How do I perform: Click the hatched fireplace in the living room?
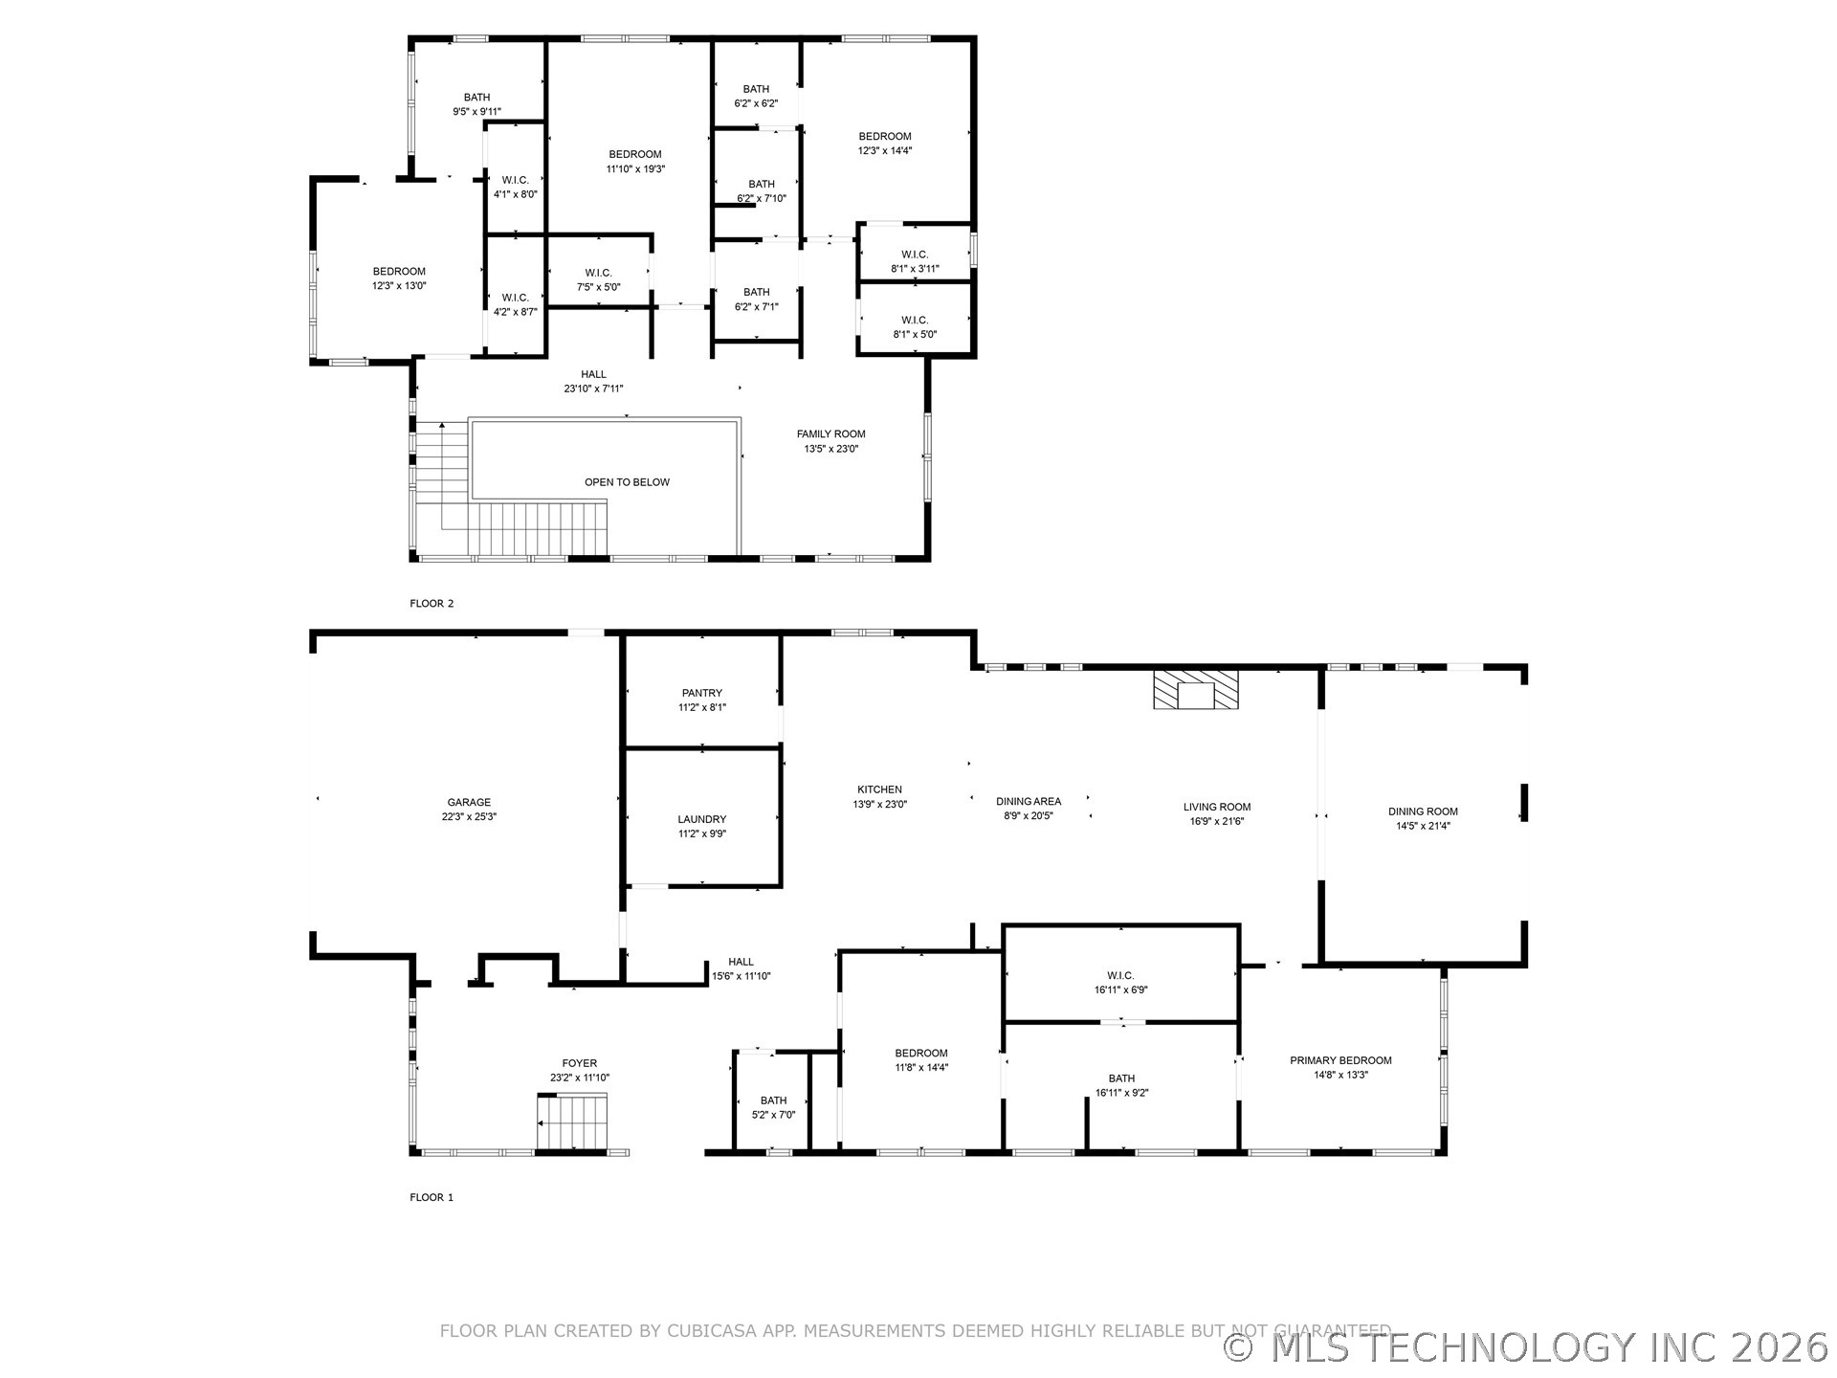[1195, 690]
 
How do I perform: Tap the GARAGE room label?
[469, 803]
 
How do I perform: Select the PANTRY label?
[702, 693]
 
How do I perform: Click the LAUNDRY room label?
[702, 819]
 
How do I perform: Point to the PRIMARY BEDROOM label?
[1340, 1060]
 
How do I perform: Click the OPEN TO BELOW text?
[628, 482]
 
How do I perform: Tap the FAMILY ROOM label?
[831, 434]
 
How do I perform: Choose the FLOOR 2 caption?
[432, 604]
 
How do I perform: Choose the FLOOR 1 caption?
[432, 1197]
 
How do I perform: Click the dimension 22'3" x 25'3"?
[469, 817]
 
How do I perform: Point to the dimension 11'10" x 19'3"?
[635, 169]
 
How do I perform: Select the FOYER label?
[580, 1063]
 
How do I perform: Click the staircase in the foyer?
[572, 1122]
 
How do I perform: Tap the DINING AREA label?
[1029, 802]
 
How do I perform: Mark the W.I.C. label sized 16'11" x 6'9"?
[1121, 976]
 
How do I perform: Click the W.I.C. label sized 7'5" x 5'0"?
[599, 273]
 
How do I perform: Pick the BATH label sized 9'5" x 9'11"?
[477, 98]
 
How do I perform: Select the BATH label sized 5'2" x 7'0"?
[774, 1100]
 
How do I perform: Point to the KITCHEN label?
[880, 789]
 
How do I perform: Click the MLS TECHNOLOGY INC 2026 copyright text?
[1527, 1347]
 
